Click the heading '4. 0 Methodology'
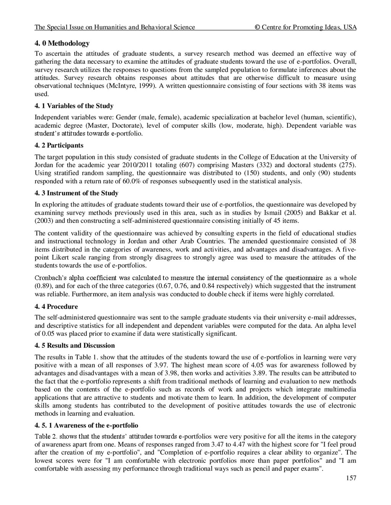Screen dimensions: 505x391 [x=62, y=43]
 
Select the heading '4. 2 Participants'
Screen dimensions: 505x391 [x=59, y=145]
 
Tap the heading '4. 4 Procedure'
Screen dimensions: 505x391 [x=56, y=306]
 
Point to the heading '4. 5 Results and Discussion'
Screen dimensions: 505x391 [x=74, y=345]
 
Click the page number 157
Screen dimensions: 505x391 [x=351, y=478]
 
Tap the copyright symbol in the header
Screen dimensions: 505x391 [x=257, y=27]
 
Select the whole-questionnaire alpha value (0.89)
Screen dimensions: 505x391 [x=42, y=286]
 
